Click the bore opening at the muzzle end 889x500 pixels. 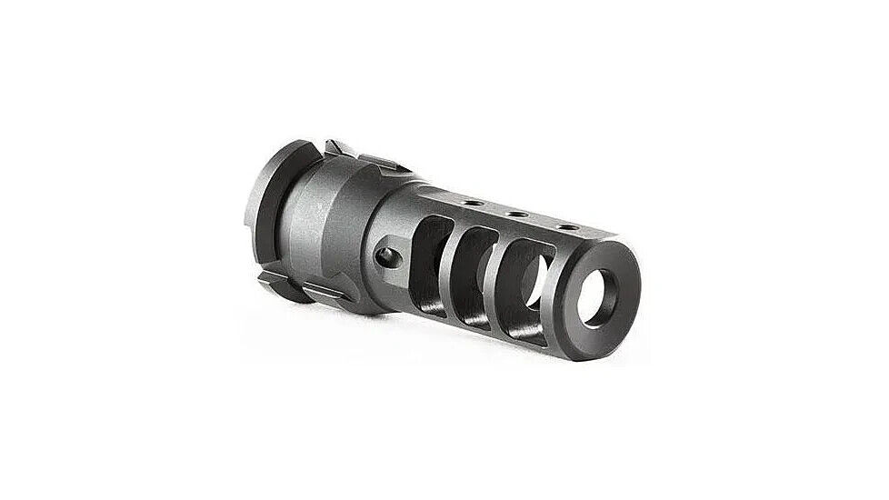coord(599,295)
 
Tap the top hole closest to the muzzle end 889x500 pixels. coord(567,225)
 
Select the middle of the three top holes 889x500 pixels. coord(516,214)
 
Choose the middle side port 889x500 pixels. coord(473,267)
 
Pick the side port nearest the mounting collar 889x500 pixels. coord(427,259)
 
